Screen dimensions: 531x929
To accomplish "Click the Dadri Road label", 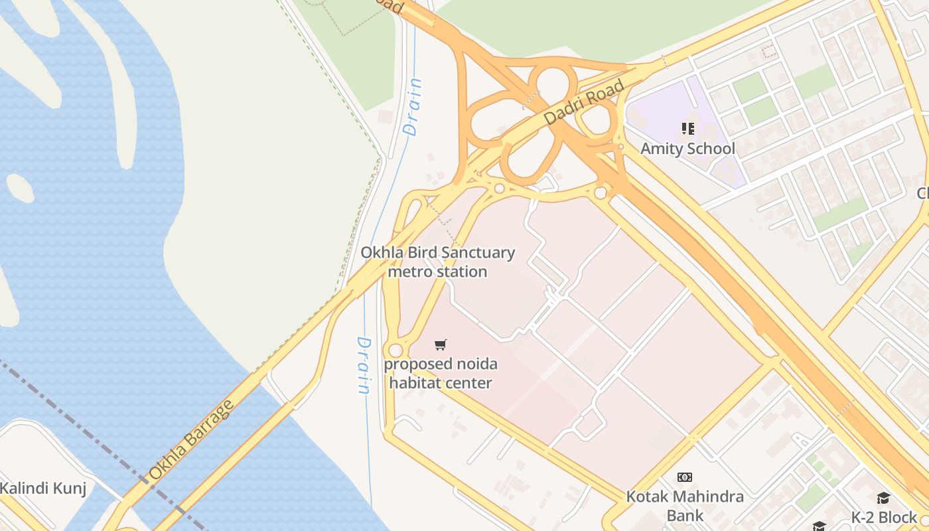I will click(x=585, y=102).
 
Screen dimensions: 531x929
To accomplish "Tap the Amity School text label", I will click(x=687, y=149).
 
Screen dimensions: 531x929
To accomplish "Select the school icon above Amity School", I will click(x=687, y=128).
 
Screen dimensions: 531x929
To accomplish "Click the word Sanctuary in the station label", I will click(x=478, y=253).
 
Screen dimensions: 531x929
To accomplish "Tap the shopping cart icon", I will click(x=440, y=344).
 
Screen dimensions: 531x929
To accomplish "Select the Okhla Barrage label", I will click(x=191, y=439).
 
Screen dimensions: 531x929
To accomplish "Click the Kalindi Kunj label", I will click(x=43, y=489).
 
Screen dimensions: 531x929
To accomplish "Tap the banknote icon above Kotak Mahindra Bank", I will click(x=685, y=477).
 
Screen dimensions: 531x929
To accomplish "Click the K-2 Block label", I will click(x=884, y=517).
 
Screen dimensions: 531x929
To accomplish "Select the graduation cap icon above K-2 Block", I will click(x=883, y=498).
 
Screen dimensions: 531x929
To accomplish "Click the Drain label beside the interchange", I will click(x=413, y=107).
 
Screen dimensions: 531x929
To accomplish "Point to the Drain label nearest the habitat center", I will click(x=364, y=365).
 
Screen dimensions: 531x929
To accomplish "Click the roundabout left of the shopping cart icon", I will click(x=395, y=350).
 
